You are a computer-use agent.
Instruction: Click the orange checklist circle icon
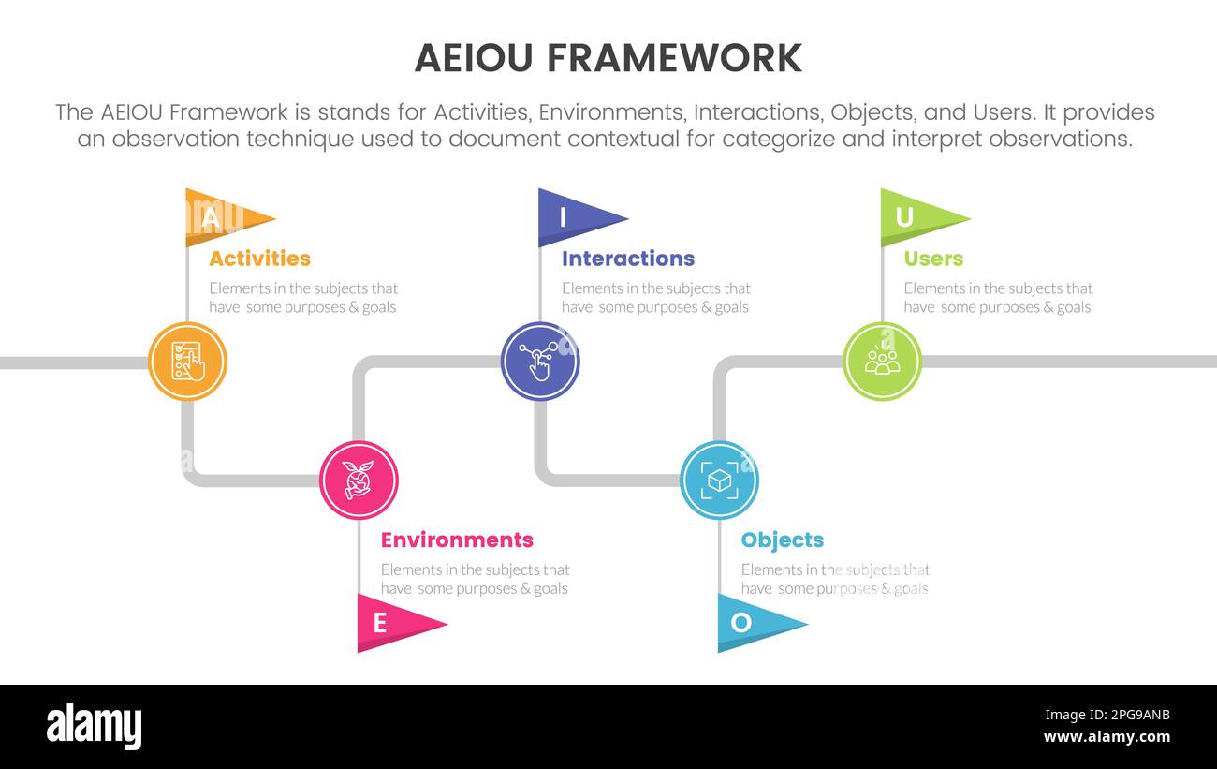pos(187,362)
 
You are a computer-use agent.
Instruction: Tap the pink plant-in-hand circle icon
pos(359,481)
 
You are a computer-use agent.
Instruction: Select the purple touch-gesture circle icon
pos(540,362)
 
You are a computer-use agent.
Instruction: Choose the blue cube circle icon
pos(719,481)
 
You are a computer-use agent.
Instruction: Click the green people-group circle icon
pos(882,362)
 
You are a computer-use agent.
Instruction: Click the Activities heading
pos(259,259)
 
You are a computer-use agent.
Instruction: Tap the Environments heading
pos(457,540)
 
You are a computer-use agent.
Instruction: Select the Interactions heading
pos(628,259)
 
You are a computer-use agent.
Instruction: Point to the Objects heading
pos(782,540)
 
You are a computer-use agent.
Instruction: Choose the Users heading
pos(933,259)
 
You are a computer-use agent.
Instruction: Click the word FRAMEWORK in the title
pos(674,58)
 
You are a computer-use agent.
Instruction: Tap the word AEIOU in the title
pos(475,58)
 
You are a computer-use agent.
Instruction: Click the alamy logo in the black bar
pos(94,726)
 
